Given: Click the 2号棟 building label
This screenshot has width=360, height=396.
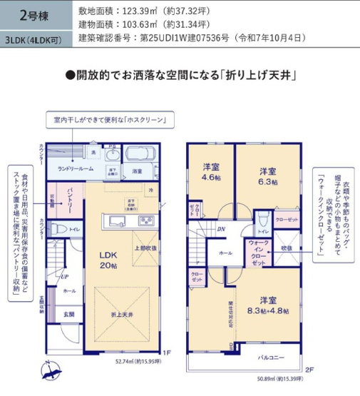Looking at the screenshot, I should click(x=19, y=14).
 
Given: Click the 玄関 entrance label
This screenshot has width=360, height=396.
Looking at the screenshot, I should click(x=71, y=313).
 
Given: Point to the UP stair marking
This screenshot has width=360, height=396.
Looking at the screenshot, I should click(x=64, y=278).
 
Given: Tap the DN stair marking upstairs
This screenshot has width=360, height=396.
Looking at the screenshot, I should click(x=220, y=229).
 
